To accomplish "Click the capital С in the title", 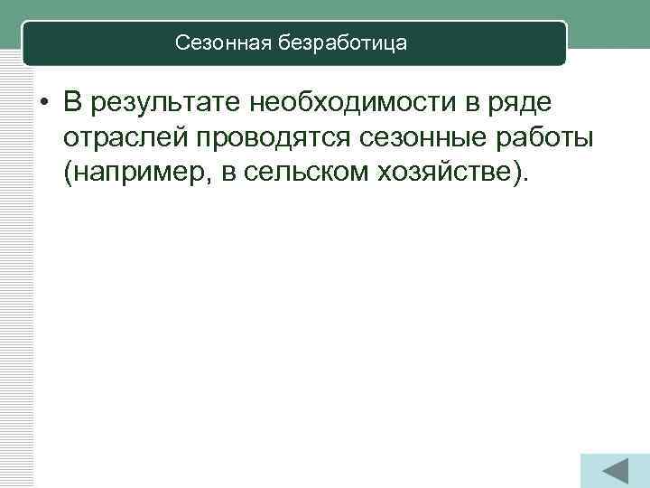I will [181, 42].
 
